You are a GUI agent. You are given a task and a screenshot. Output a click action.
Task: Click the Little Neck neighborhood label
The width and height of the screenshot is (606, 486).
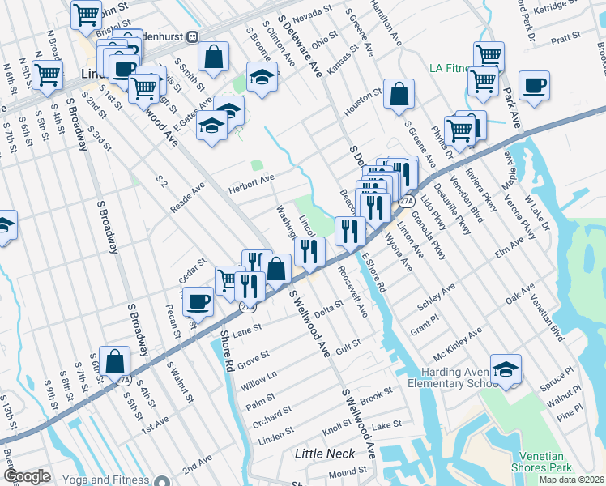(325, 454)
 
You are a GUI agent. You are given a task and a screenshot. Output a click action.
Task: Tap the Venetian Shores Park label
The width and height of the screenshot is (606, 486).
(541, 461)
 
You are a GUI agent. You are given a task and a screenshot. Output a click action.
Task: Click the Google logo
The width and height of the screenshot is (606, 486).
(26, 476)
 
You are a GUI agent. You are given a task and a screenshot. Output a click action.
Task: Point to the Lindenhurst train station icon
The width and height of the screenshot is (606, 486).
(193, 36)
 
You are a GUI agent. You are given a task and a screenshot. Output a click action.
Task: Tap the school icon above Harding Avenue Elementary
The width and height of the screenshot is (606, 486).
(506, 369)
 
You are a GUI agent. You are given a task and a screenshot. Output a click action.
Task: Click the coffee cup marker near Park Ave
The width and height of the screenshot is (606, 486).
(534, 86)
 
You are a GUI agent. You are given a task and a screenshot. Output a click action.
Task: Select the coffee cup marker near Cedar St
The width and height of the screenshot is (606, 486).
(198, 302)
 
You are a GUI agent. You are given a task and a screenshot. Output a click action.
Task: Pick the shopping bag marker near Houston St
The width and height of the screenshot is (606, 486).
(399, 94)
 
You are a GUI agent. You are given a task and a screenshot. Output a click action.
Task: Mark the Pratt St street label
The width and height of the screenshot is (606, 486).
(565, 38)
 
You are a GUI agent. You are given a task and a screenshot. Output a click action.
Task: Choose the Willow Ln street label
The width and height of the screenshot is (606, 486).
(258, 382)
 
